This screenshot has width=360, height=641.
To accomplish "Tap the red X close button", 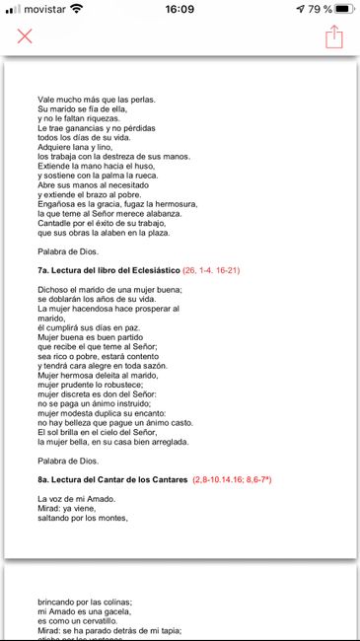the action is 25,36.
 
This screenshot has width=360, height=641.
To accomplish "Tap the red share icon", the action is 333,36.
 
